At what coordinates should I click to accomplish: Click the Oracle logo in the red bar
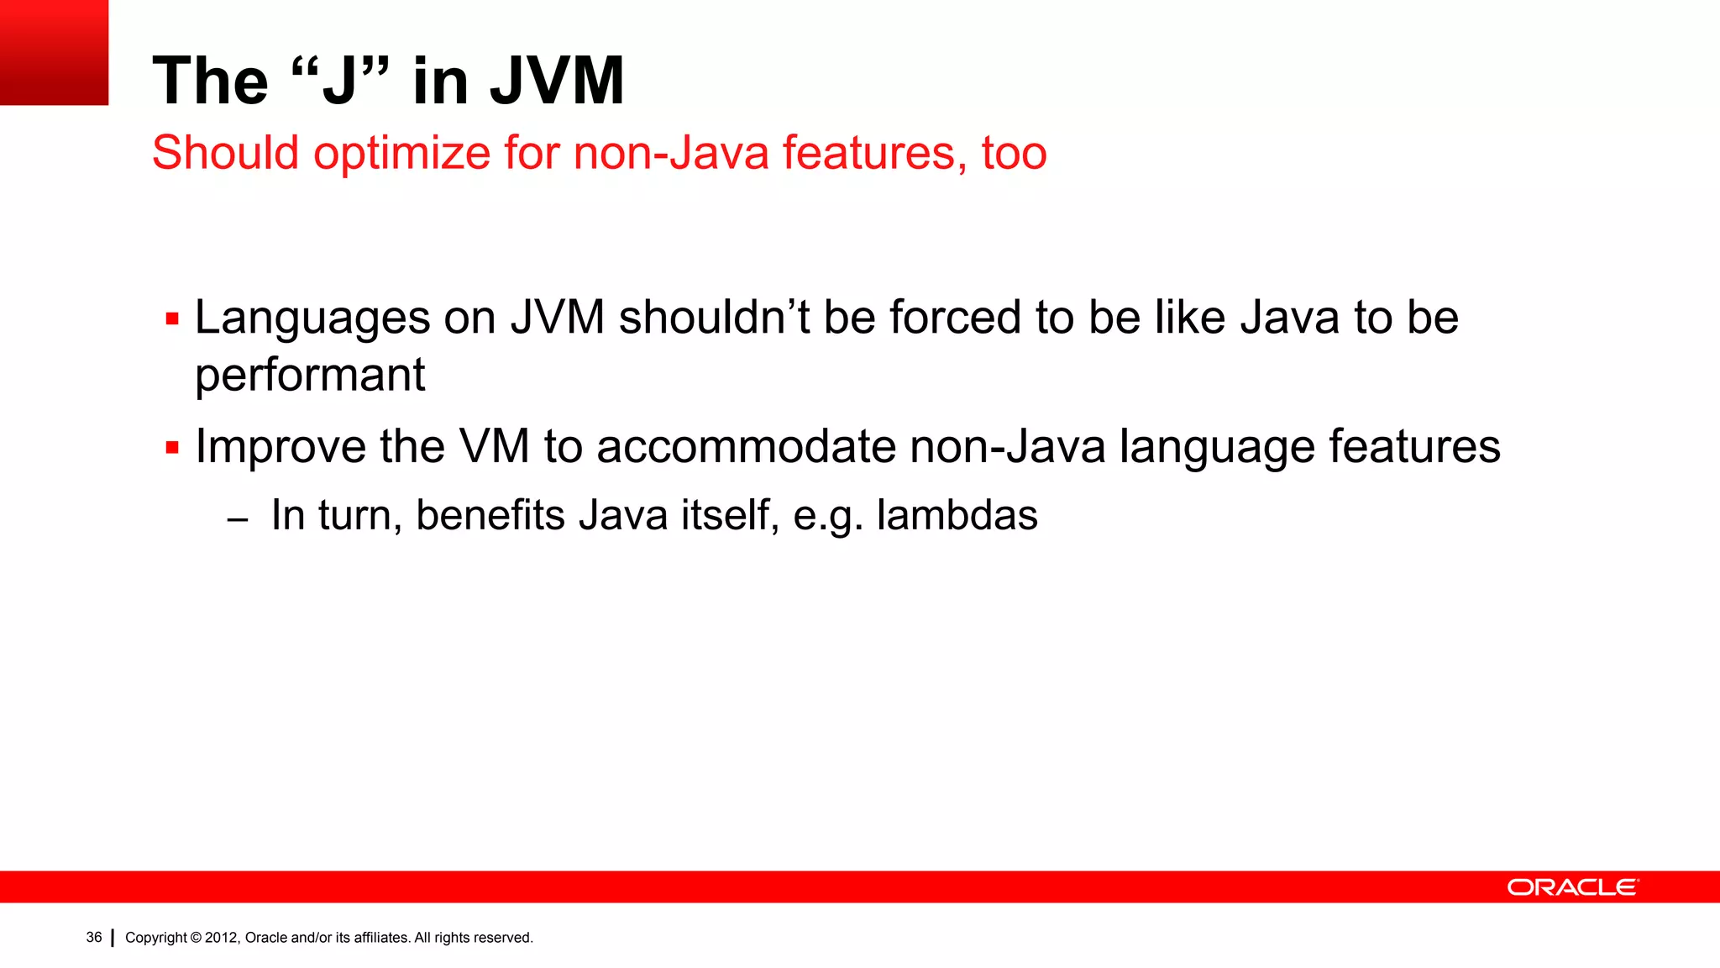click(1571, 887)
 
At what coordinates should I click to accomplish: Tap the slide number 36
click(93, 938)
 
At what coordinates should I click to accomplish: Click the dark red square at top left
click(54, 52)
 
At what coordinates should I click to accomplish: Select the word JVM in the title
click(557, 81)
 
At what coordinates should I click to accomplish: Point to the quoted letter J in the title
click(339, 82)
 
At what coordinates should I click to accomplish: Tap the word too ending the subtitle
click(1014, 154)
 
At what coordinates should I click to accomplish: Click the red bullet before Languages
click(172, 319)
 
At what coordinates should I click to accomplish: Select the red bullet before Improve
click(172, 448)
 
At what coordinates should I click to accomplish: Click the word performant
click(310, 375)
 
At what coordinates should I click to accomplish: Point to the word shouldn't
click(714, 318)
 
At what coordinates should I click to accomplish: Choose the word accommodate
click(746, 447)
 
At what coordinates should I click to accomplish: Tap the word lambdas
click(957, 515)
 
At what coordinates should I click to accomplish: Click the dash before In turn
click(238, 520)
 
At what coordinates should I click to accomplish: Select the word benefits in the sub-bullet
click(490, 515)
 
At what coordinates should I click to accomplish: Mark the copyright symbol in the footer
click(196, 938)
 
